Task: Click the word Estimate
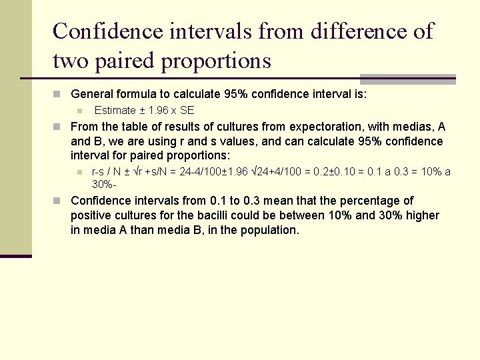[x=117, y=111]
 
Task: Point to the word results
[x=174, y=127]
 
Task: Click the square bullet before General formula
[x=59, y=95]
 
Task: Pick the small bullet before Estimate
[x=79, y=111]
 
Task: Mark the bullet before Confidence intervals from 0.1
[x=59, y=201]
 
